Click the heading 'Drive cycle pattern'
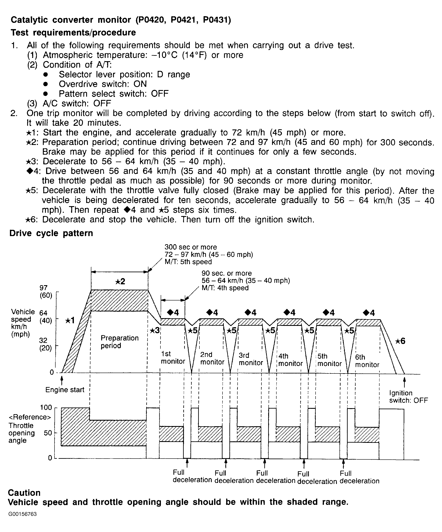pyautogui.click(x=51, y=233)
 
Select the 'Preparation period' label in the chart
pyautogui.click(x=120, y=342)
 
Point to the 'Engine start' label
pyautogui.click(x=65, y=390)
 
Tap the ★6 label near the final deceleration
pyautogui.click(x=400, y=341)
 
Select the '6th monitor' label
pyautogui.click(x=367, y=361)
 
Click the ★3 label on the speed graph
pyautogui.click(x=154, y=331)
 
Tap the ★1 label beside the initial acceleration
pyautogui.click(x=70, y=320)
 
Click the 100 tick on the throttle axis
pyautogui.click(x=46, y=408)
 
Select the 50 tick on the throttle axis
pyautogui.click(x=48, y=433)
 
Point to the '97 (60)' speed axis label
pyautogui.click(x=46, y=291)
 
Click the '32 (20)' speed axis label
pyautogui.click(x=45, y=344)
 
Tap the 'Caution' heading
pyautogui.click(x=24, y=493)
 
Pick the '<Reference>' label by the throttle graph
pyautogui.click(x=30, y=417)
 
